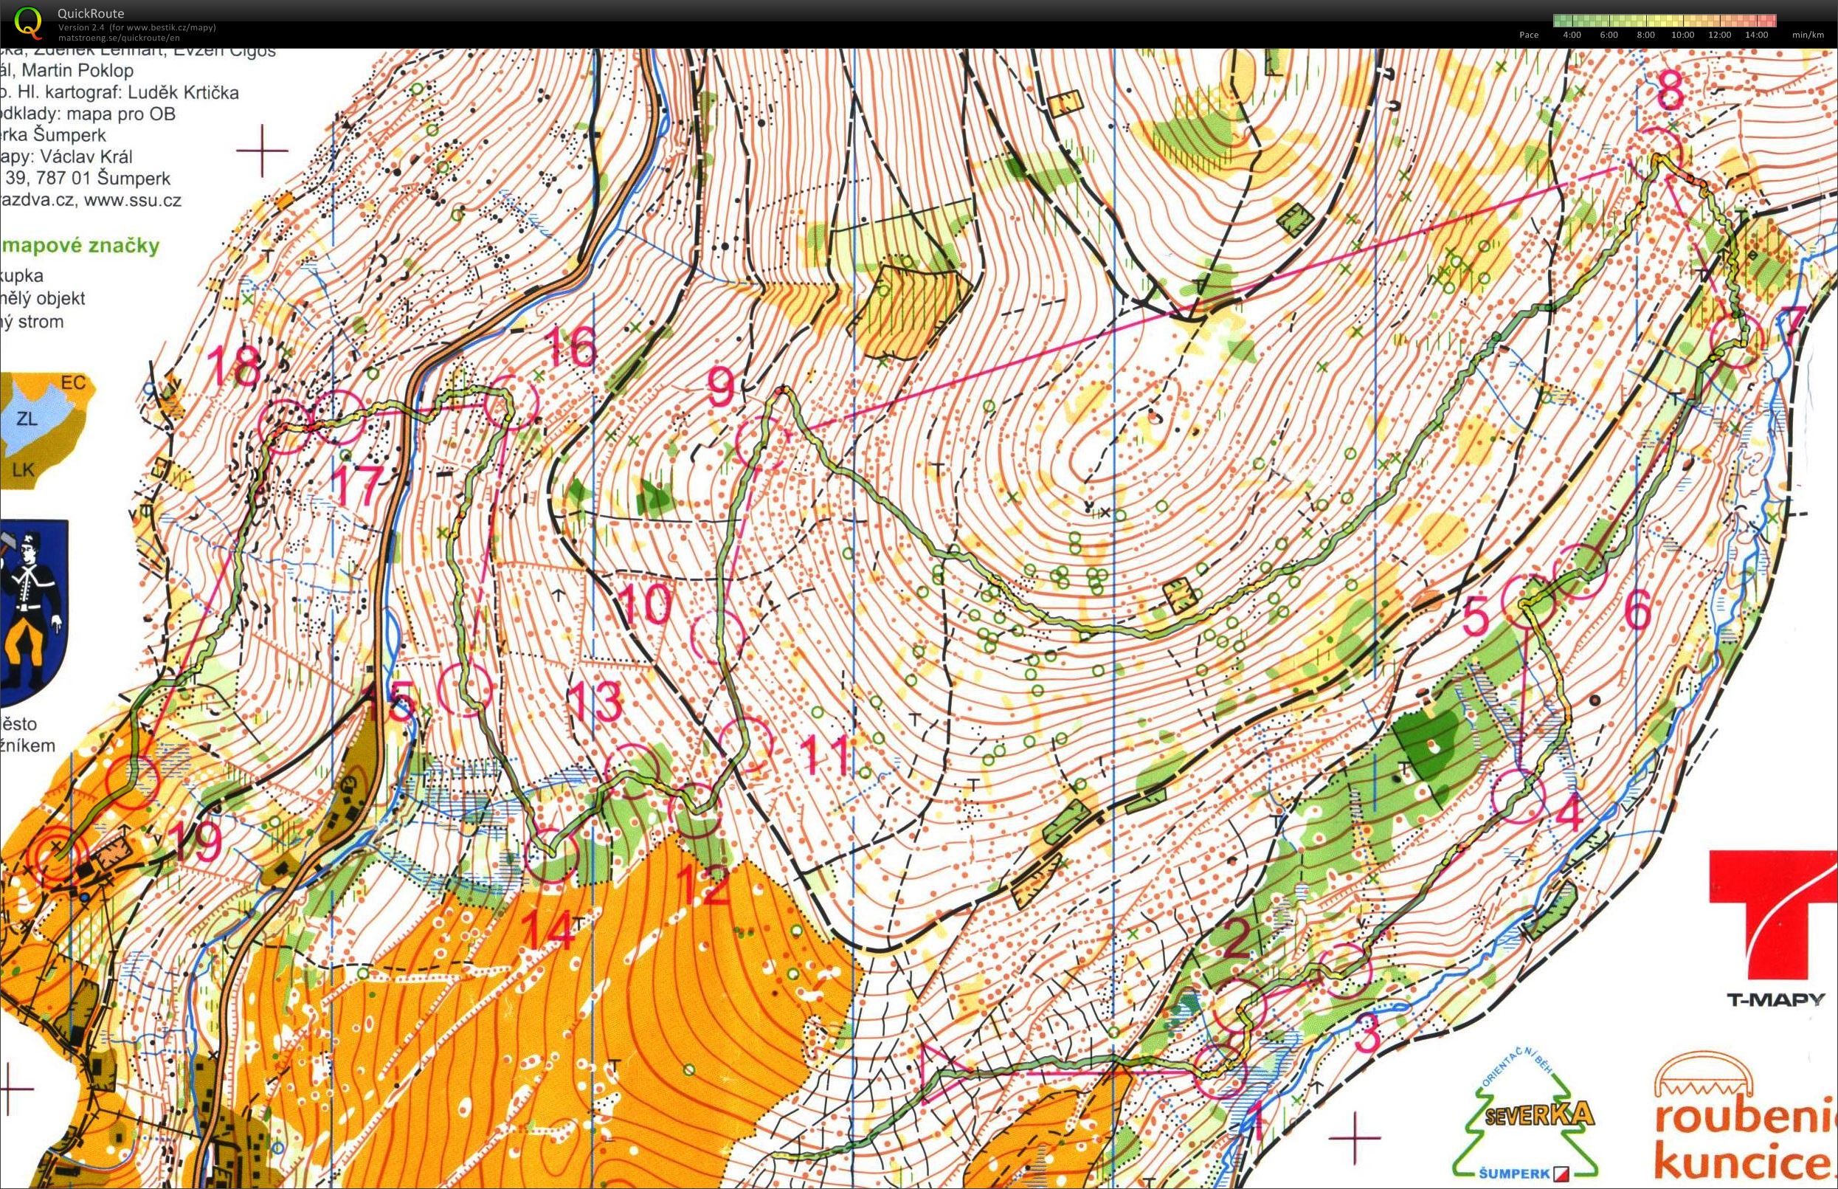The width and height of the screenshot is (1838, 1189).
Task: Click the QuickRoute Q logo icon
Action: pyautogui.click(x=29, y=21)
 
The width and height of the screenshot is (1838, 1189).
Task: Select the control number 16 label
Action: pyautogui.click(x=572, y=347)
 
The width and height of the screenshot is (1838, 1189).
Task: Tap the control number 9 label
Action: pyautogui.click(x=720, y=388)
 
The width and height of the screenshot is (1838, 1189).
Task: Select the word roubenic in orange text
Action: pyautogui.click(x=1744, y=1120)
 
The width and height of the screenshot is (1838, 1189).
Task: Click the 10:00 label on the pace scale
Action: pyautogui.click(x=1682, y=35)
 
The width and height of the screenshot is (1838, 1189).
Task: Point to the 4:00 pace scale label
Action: pyautogui.click(x=1571, y=35)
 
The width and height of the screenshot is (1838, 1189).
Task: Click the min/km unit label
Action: pyautogui.click(x=1808, y=35)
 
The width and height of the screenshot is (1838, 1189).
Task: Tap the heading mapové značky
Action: pyautogui.click(x=80, y=247)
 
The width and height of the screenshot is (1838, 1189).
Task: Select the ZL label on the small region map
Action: pyautogui.click(x=28, y=419)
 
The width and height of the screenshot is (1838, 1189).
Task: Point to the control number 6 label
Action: pyautogui.click(x=1637, y=613)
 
